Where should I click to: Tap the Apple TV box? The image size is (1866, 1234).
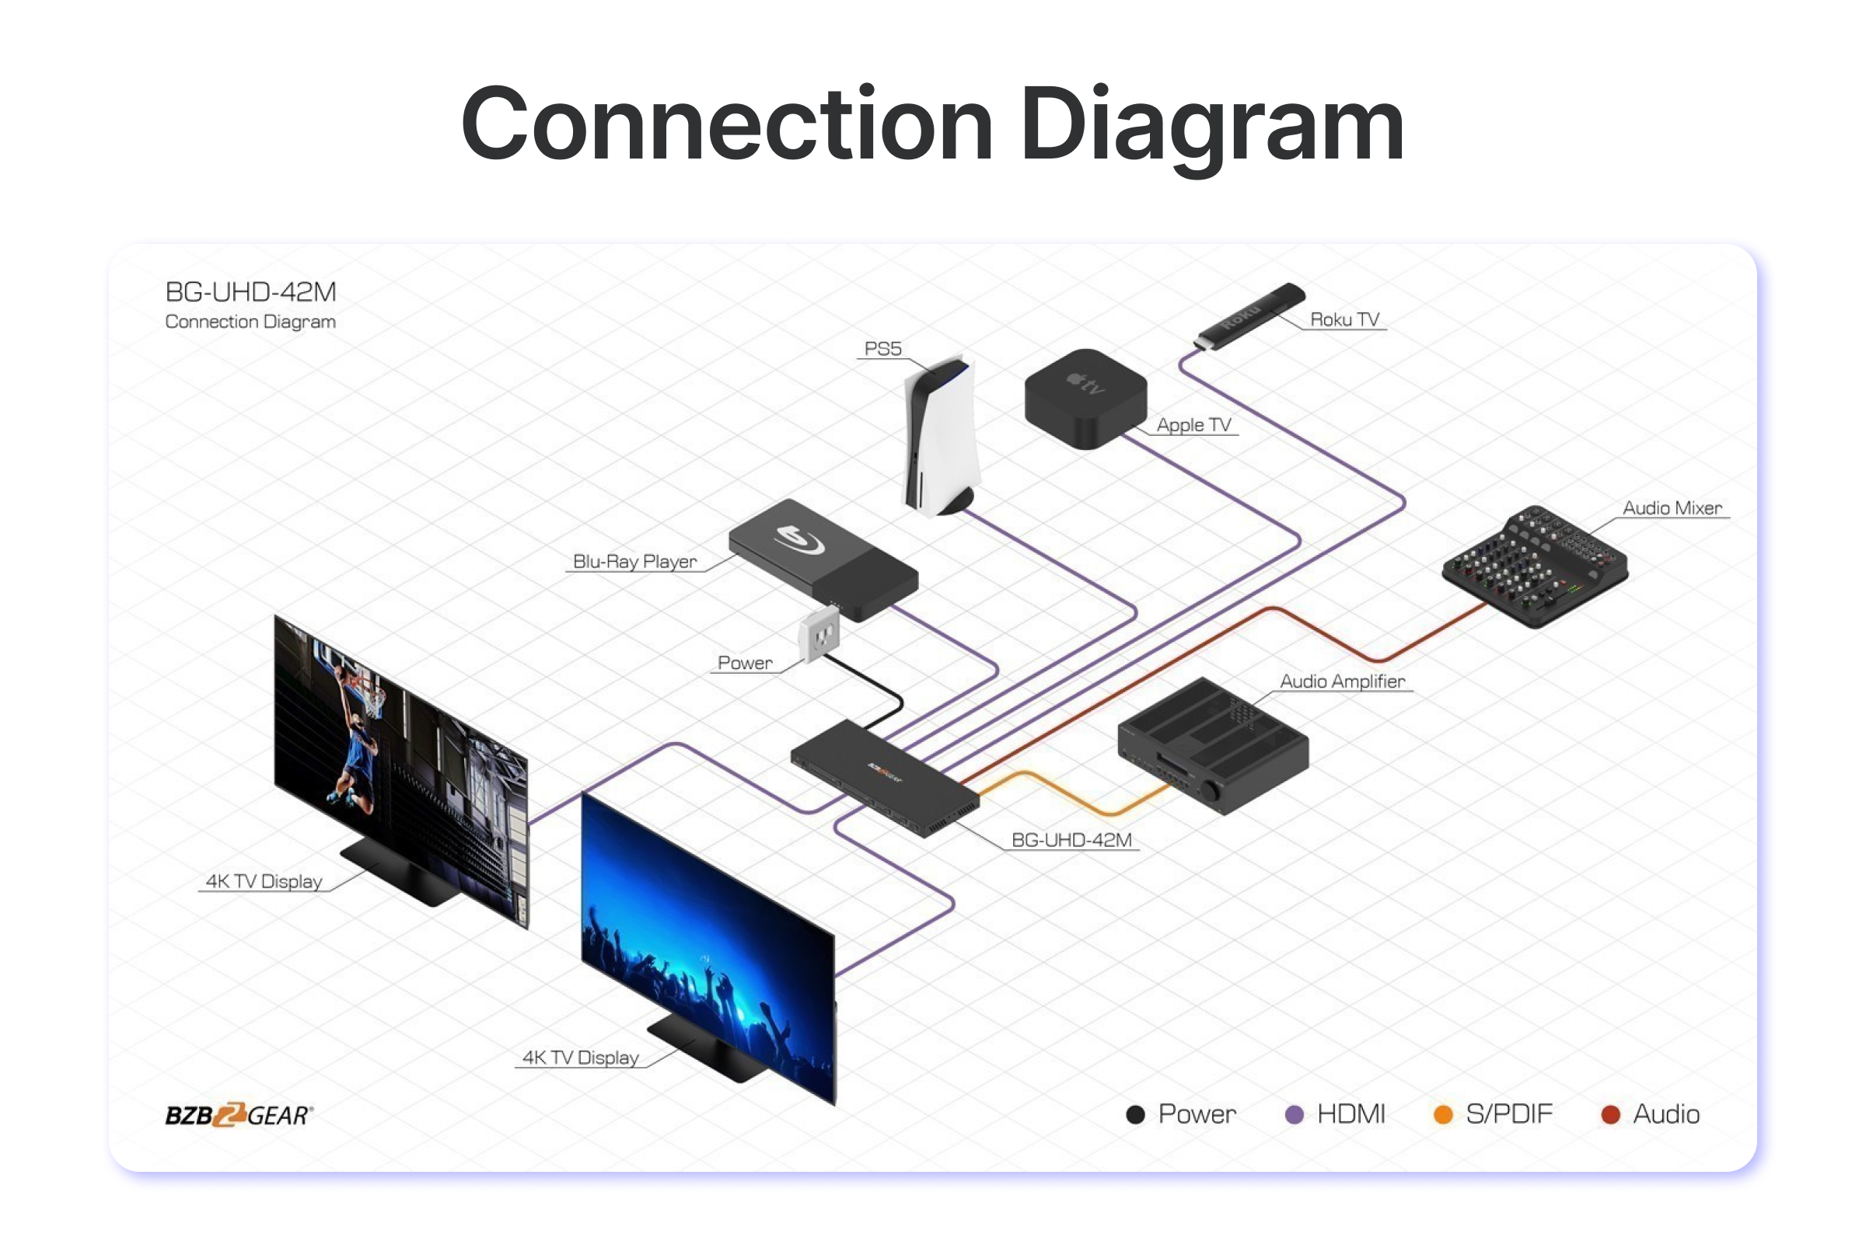point(1085,398)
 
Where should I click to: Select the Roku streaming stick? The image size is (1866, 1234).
point(1248,316)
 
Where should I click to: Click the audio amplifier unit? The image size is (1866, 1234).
point(1212,744)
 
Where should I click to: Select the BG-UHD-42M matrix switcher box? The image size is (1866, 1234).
point(884,776)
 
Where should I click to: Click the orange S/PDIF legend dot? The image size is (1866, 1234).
point(1443,1114)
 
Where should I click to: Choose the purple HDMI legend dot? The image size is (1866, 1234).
point(1294,1114)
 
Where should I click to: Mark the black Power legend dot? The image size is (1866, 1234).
point(1135,1114)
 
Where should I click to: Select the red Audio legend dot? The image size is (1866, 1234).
point(1611,1114)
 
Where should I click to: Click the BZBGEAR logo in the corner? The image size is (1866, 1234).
point(239,1114)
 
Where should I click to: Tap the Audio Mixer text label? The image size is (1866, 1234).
point(1672,508)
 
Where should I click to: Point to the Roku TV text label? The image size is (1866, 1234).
point(1345,319)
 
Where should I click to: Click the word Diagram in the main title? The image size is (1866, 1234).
point(1211,126)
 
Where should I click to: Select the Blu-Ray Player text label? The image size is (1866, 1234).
point(634,562)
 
